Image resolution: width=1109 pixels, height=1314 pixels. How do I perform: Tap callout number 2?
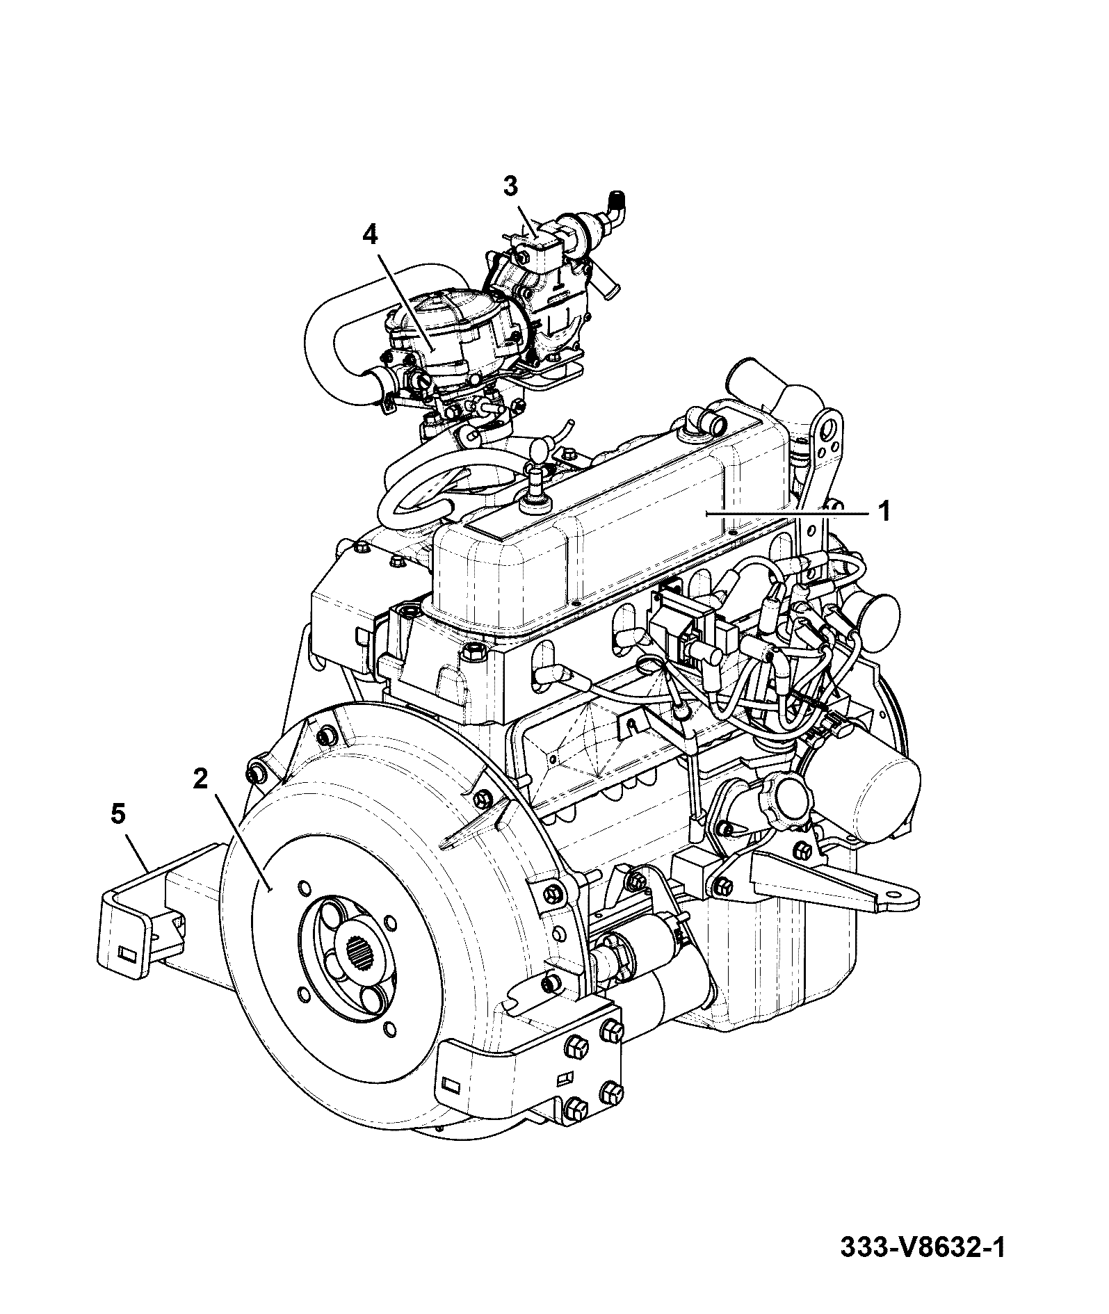[200, 779]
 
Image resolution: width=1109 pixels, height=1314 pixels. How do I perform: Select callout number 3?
[510, 186]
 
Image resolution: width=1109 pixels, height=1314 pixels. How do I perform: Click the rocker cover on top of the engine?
[612, 528]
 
